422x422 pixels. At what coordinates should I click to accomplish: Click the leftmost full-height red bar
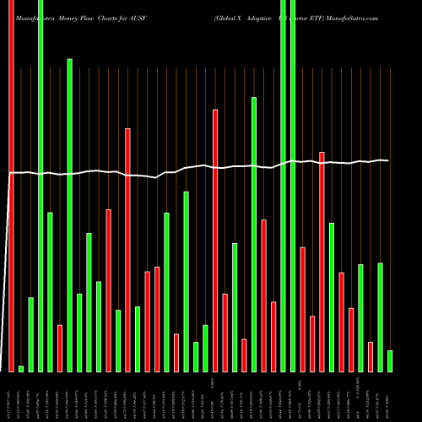click(11, 186)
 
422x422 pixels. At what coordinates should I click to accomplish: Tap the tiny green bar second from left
click(21, 368)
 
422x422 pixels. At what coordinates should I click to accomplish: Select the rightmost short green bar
click(390, 360)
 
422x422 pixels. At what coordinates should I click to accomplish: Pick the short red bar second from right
click(371, 356)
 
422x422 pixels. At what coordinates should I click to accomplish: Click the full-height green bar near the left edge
click(41, 186)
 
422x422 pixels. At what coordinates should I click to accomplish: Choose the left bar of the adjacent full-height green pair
click(283, 186)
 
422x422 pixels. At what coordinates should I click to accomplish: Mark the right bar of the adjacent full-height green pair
click(293, 186)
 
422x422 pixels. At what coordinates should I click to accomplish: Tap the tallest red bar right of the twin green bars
click(322, 262)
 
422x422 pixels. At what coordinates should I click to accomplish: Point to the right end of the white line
click(387, 160)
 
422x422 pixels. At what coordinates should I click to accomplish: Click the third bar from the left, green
click(30, 334)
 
